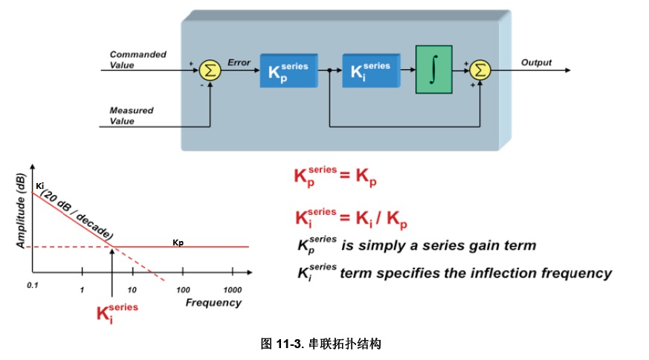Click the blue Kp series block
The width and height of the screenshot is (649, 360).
tap(288, 70)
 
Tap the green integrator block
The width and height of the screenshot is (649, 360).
tap(433, 70)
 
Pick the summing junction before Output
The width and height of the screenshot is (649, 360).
tap(481, 70)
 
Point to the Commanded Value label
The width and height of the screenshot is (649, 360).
tap(138, 60)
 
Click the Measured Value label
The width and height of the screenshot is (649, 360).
tap(131, 115)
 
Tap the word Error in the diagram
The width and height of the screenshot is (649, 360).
tap(239, 62)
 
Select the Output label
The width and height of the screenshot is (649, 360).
tap(536, 62)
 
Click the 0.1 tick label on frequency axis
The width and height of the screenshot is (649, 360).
tap(32, 286)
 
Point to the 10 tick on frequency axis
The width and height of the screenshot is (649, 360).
tap(132, 289)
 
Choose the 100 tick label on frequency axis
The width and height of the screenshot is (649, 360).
tap(182, 289)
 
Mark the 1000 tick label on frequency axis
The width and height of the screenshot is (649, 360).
tap(233, 289)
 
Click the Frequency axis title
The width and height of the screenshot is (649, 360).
tap(213, 303)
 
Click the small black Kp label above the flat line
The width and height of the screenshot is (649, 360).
tap(178, 242)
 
